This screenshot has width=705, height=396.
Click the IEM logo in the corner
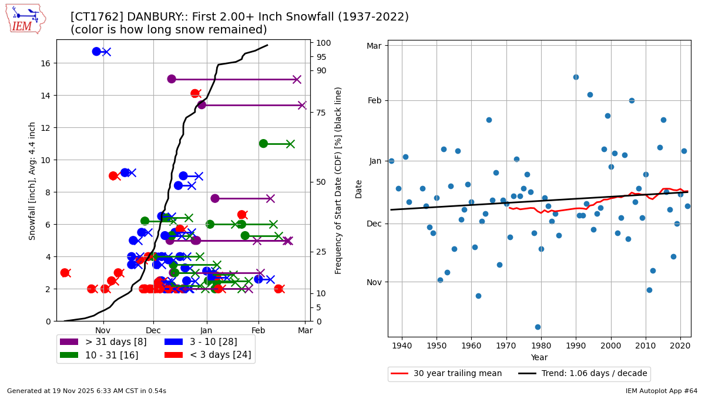click(x=25, y=18)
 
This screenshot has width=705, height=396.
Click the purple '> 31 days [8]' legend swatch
click(x=69, y=342)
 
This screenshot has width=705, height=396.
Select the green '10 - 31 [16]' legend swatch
click(x=69, y=355)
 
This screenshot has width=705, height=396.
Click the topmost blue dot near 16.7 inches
click(x=96, y=52)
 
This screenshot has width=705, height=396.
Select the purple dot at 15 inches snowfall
click(x=172, y=79)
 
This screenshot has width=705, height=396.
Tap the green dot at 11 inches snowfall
click(x=263, y=144)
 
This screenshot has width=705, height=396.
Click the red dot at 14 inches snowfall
click(x=195, y=93)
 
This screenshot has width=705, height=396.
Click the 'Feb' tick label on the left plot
click(x=258, y=331)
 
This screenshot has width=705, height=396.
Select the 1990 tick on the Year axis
click(x=576, y=347)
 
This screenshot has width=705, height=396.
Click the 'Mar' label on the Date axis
click(x=374, y=46)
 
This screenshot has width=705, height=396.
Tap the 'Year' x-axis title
click(x=539, y=357)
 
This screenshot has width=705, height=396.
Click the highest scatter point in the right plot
click(x=576, y=77)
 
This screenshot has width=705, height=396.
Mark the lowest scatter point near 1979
click(x=538, y=327)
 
